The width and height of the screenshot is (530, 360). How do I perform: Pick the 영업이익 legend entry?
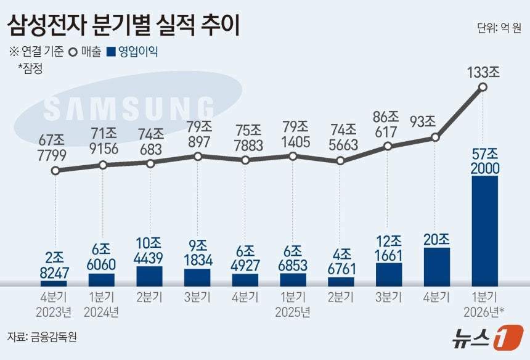pyautogui.click(x=132, y=52)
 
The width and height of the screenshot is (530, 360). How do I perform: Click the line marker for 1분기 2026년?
pyautogui.click(x=483, y=88)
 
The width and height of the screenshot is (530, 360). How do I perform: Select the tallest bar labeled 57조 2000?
pyautogui.click(x=484, y=231)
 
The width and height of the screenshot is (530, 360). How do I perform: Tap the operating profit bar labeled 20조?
pyautogui.click(x=437, y=267)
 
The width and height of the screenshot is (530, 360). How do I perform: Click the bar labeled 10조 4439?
pyautogui.click(x=150, y=276)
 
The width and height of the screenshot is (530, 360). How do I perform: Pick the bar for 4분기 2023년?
pyautogui.click(x=54, y=284)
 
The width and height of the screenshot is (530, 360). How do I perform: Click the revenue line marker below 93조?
pyautogui.click(x=436, y=137)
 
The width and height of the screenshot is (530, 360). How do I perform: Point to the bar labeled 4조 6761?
pyautogui.click(x=341, y=282)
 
